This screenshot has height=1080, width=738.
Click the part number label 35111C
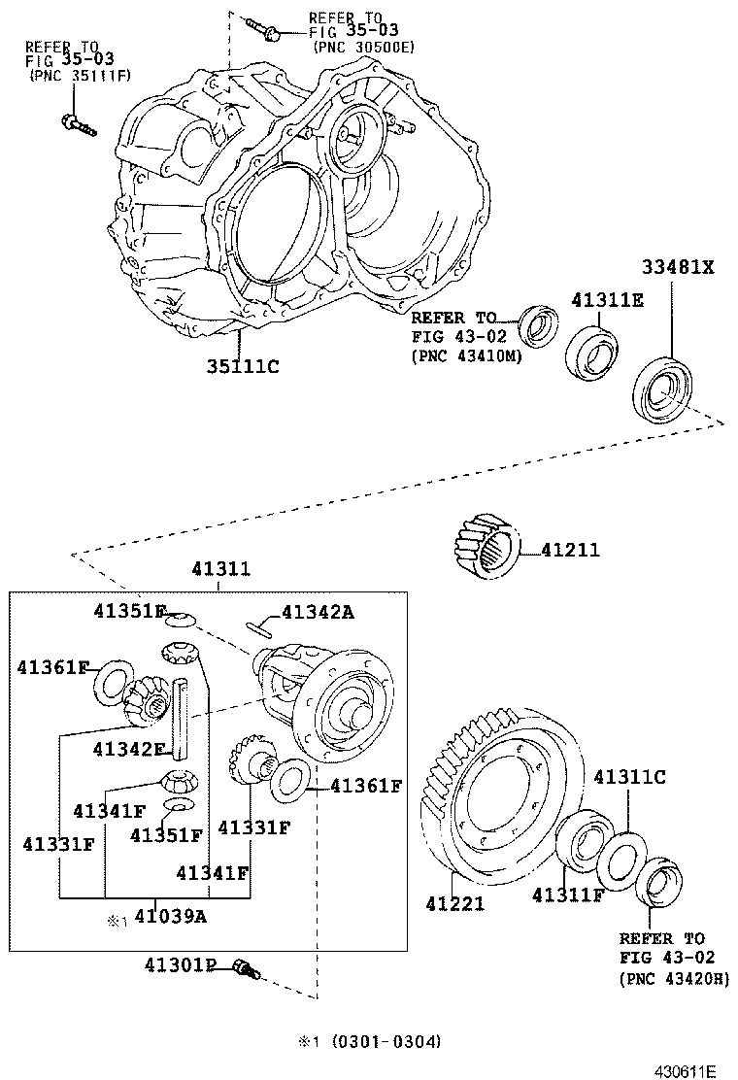click(x=242, y=366)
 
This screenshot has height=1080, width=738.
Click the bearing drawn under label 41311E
click(x=592, y=351)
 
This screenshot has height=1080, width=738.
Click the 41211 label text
click(x=570, y=551)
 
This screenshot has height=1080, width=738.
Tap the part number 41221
click(x=454, y=903)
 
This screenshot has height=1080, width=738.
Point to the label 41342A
click(x=318, y=612)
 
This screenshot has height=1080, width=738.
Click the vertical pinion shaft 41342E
click(x=181, y=720)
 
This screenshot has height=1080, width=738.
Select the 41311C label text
click(x=630, y=777)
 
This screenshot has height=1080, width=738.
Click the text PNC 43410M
click(x=465, y=356)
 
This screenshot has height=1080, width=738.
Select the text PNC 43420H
click(x=673, y=979)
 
